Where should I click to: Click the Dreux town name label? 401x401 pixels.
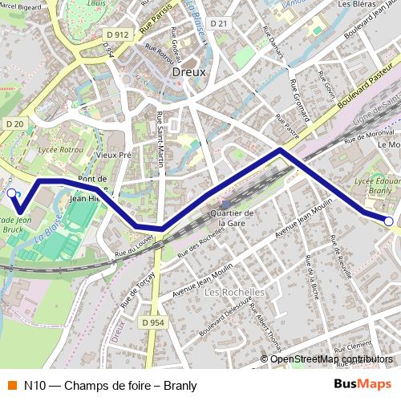coord(189,71)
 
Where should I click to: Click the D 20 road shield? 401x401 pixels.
coord(13,124)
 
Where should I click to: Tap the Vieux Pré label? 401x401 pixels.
coord(112,156)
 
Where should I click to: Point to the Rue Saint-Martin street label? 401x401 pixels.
coord(160,140)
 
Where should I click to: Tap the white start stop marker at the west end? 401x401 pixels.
coord(11,192)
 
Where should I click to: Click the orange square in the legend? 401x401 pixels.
coord(11,385)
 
